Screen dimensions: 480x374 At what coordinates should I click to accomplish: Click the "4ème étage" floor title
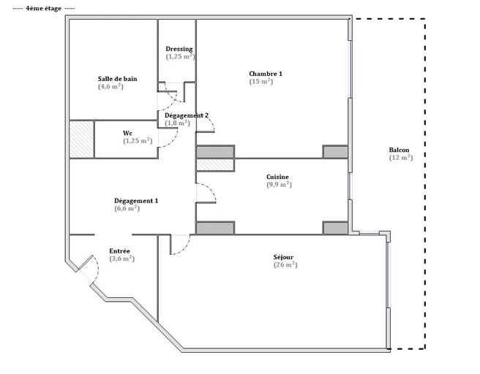(x=43, y=9)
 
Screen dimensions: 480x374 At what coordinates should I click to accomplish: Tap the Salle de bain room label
(x=118, y=79)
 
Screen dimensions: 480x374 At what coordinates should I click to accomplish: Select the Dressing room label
(x=179, y=49)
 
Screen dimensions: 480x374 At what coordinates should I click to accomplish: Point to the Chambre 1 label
(x=266, y=74)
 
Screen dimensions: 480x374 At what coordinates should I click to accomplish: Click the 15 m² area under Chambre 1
(x=260, y=82)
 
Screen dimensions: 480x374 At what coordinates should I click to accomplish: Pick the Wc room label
(x=127, y=133)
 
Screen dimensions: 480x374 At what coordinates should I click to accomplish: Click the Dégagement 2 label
(x=187, y=115)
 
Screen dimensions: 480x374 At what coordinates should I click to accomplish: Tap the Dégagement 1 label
(x=136, y=201)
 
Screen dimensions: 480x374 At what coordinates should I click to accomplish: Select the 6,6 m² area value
(x=127, y=209)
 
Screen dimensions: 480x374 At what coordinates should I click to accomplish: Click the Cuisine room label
(x=277, y=177)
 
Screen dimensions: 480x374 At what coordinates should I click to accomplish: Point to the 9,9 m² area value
(x=279, y=185)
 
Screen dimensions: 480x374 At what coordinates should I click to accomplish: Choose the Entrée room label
(x=119, y=251)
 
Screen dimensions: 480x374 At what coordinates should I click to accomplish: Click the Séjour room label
(x=283, y=257)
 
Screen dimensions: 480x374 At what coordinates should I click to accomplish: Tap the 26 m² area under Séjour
(x=285, y=265)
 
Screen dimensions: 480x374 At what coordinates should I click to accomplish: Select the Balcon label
(x=399, y=150)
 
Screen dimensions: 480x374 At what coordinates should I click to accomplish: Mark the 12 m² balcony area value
(x=401, y=158)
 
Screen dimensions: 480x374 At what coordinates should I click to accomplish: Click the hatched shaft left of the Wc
(x=81, y=140)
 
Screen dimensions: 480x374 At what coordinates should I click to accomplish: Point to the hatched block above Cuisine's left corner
(x=215, y=165)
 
